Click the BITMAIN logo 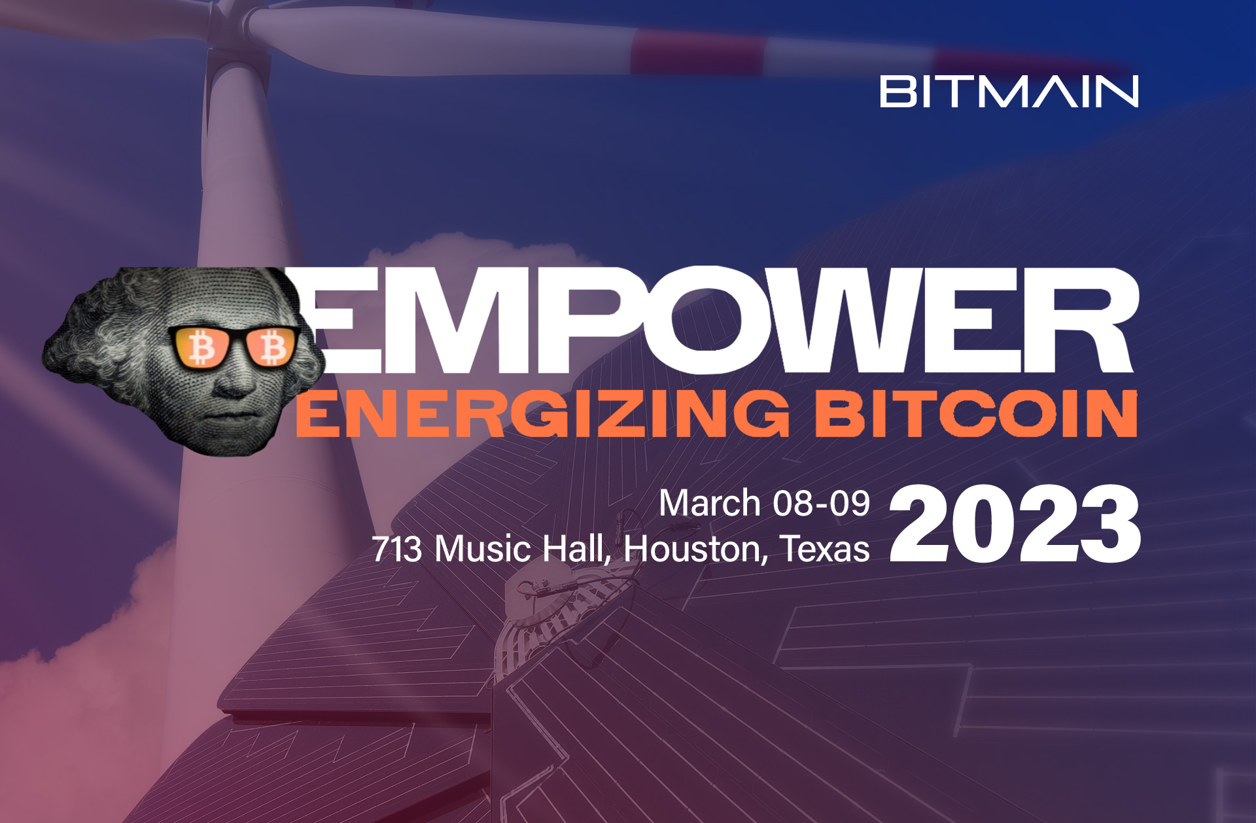[1009, 92]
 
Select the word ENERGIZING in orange [543, 413]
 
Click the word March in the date [709, 504]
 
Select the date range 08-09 [821, 504]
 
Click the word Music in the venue [482, 549]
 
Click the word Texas [825, 549]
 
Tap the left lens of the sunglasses [201, 347]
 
